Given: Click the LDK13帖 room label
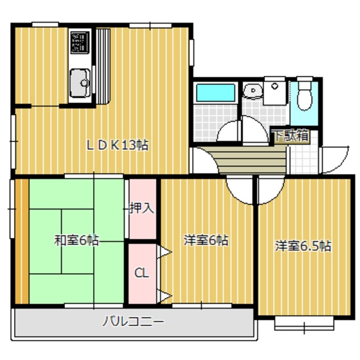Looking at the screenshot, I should [118, 145].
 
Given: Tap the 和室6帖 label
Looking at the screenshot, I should [76, 241].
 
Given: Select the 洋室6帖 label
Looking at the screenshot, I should [206, 241].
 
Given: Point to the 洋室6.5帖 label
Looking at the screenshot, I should [303, 246].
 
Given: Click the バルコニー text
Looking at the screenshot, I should [133, 321].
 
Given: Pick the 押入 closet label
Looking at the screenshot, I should [142, 208].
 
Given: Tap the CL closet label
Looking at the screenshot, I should [141, 273].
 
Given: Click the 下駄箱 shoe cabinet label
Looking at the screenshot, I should [291, 136].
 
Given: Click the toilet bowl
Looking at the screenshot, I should [305, 96].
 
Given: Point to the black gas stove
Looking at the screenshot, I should [80, 42].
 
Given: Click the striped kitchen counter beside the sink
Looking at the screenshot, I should [104, 64].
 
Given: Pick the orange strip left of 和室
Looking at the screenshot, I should [21, 241].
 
